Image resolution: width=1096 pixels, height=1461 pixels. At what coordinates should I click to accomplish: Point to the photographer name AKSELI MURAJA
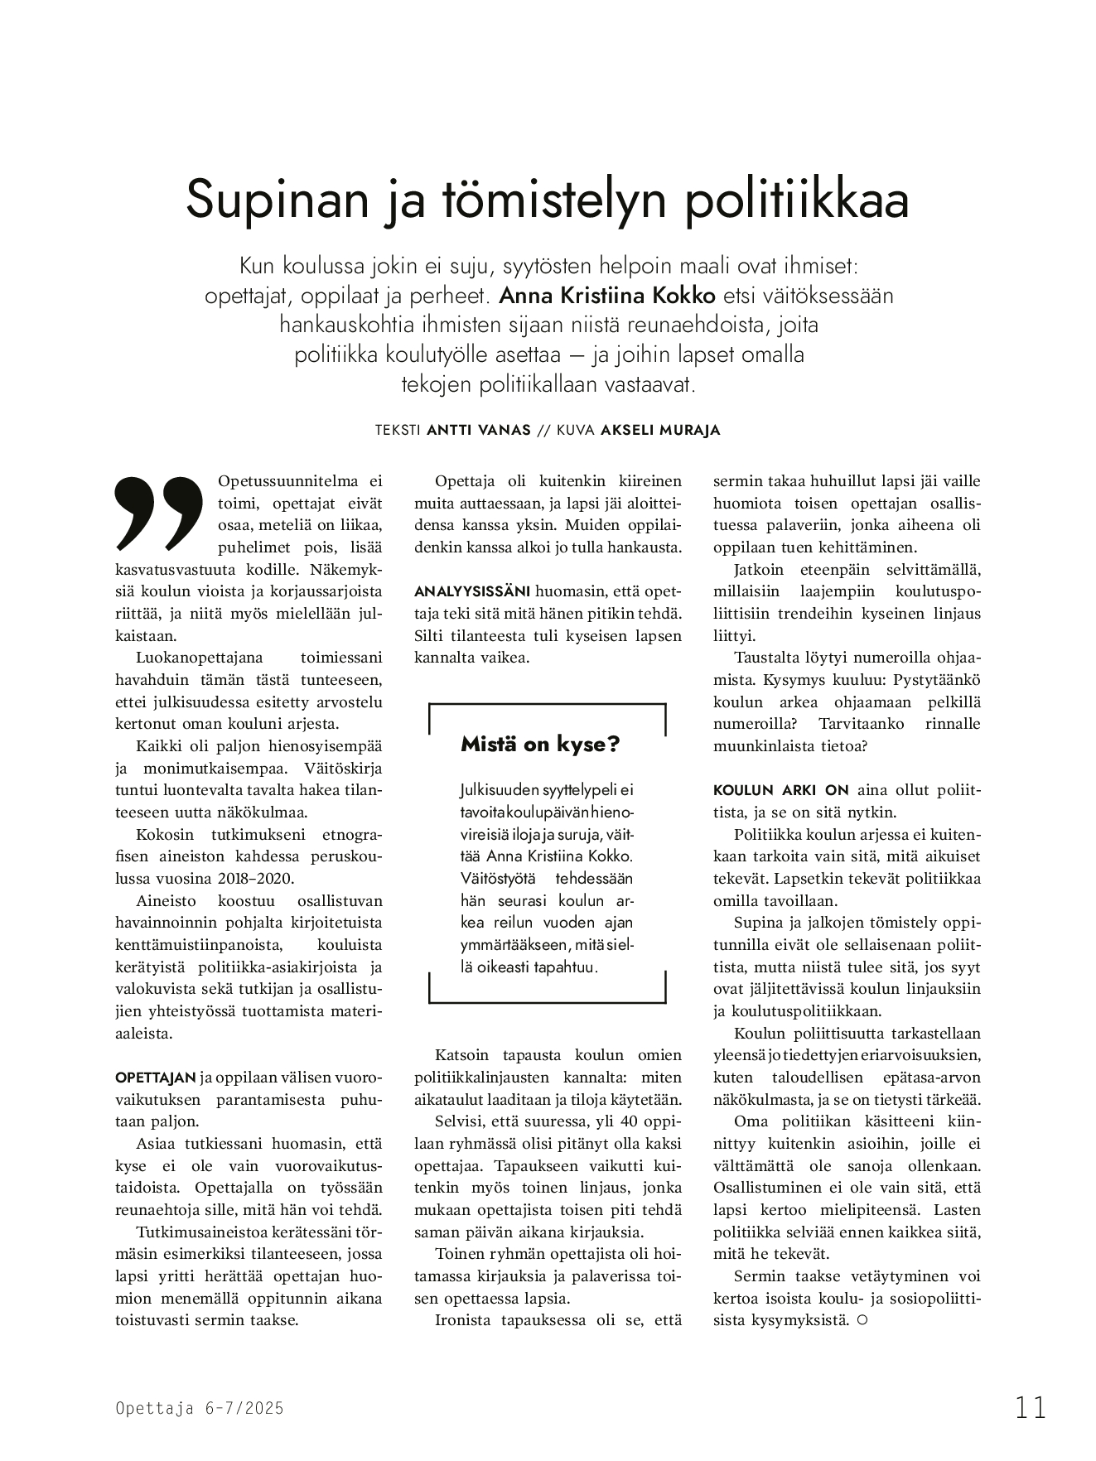coord(660,431)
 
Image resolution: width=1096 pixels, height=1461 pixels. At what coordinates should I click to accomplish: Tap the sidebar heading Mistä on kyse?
coord(540,744)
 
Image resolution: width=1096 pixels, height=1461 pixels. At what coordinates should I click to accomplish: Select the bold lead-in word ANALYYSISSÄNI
coord(471,592)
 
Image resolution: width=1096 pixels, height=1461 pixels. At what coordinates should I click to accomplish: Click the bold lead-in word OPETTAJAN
coord(156,1078)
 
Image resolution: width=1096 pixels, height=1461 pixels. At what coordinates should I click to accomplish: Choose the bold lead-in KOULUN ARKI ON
coord(770,790)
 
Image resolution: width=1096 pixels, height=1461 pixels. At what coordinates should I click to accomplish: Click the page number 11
coord(1031,1407)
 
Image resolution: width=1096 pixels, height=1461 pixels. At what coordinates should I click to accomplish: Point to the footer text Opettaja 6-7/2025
coord(200,1408)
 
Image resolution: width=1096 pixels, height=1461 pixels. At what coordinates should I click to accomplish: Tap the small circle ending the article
coord(862,1320)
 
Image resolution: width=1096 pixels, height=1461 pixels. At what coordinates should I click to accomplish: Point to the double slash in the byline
coord(543,431)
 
